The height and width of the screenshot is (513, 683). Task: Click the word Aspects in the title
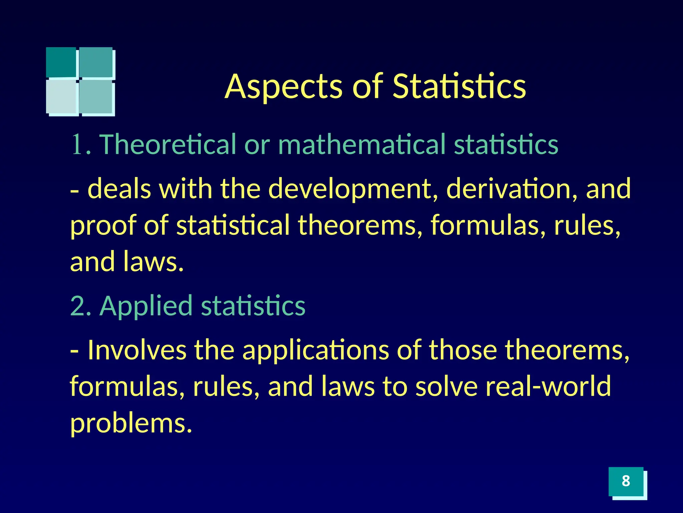point(283,87)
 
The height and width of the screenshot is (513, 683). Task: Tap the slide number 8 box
point(626,481)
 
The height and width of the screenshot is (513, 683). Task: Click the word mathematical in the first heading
point(362,144)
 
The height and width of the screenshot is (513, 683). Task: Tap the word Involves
point(137,350)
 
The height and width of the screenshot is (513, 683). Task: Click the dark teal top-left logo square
point(61,62)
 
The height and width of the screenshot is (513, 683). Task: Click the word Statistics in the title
point(459,87)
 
